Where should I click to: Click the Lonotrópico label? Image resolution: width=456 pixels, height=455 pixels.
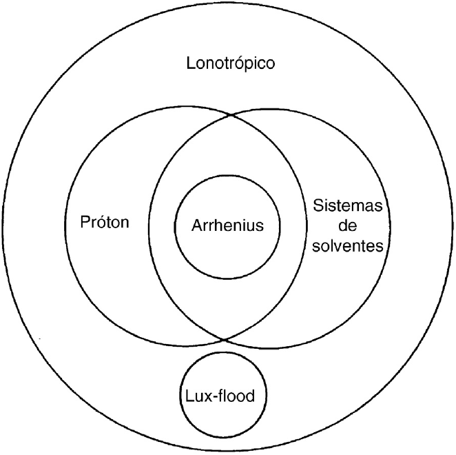(231, 64)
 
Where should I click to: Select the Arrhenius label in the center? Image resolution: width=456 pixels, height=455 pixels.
(227, 225)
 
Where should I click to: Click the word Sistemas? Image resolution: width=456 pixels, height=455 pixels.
(346, 206)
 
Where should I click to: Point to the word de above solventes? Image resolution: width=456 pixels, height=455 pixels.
(346, 226)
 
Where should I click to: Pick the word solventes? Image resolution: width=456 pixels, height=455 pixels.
(346, 245)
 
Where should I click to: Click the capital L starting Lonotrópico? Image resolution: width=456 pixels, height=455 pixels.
(191, 64)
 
